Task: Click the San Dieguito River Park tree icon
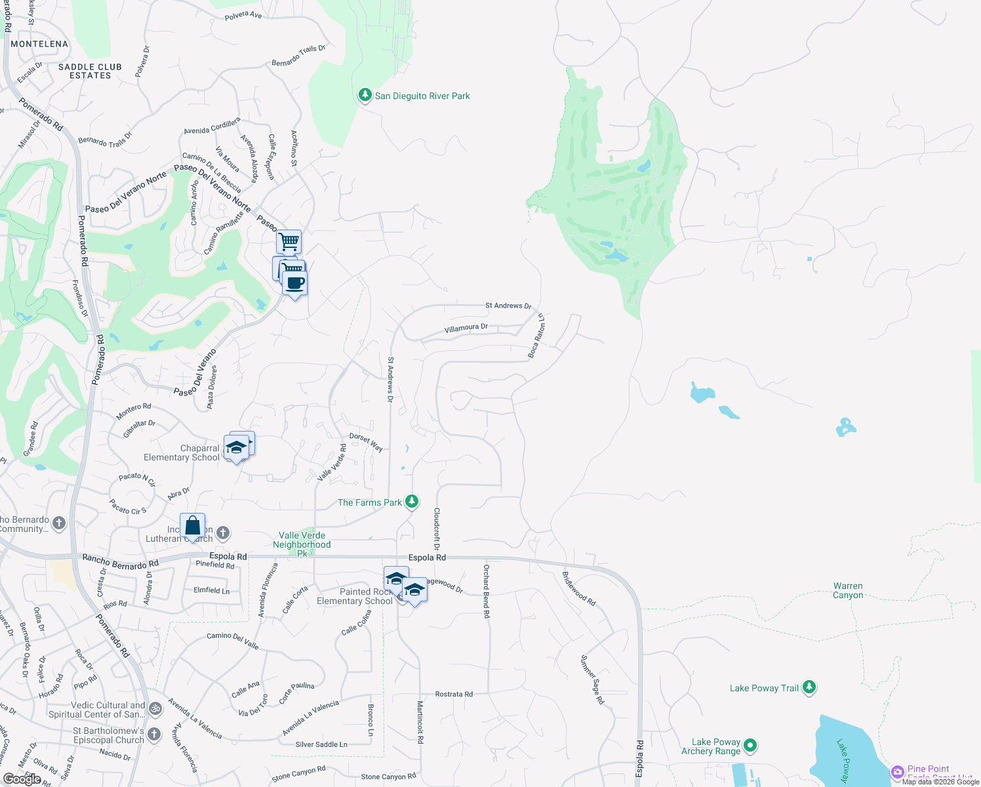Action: point(365,95)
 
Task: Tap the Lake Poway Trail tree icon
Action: point(809,687)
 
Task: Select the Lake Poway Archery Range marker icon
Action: point(751,746)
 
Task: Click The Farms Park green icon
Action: point(412,502)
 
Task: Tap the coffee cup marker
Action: point(296,284)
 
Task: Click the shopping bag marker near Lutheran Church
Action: point(192,526)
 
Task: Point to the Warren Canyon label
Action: point(848,590)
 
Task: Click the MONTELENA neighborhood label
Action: point(39,44)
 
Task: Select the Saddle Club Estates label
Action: point(90,71)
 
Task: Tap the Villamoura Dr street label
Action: point(466,327)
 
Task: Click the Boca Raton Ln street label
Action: point(536,336)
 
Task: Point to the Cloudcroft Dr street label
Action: point(437,529)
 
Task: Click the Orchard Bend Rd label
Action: point(487,591)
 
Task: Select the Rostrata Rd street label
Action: point(454,694)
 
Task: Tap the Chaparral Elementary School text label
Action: point(182,453)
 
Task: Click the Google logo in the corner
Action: point(22,778)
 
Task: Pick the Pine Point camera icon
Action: point(898,772)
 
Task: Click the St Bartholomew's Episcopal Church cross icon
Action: point(154,734)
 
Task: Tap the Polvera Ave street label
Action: point(243,15)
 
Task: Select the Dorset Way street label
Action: point(366,441)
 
